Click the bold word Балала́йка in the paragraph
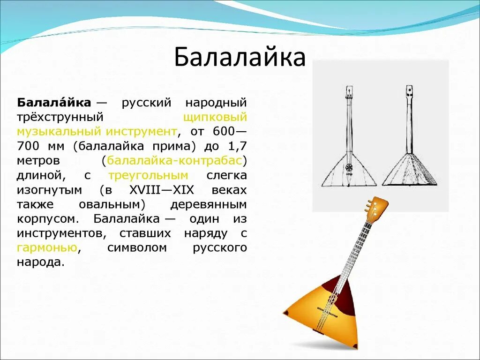pyautogui.click(x=54, y=102)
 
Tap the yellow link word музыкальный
pyautogui.click(x=59, y=131)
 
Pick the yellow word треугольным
pyautogui.click(x=148, y=175)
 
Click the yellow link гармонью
pyautogui.click(x=47, y=247)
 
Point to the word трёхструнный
pyautogui.click(x=60, y=117)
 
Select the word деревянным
pyautogui.click(x=208, y=204)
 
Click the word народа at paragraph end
pyautogui.click(x=40, y=262)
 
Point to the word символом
pyautogui.click(x=137, y=247)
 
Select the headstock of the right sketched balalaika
pyautogui.click(x=409, y=90)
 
